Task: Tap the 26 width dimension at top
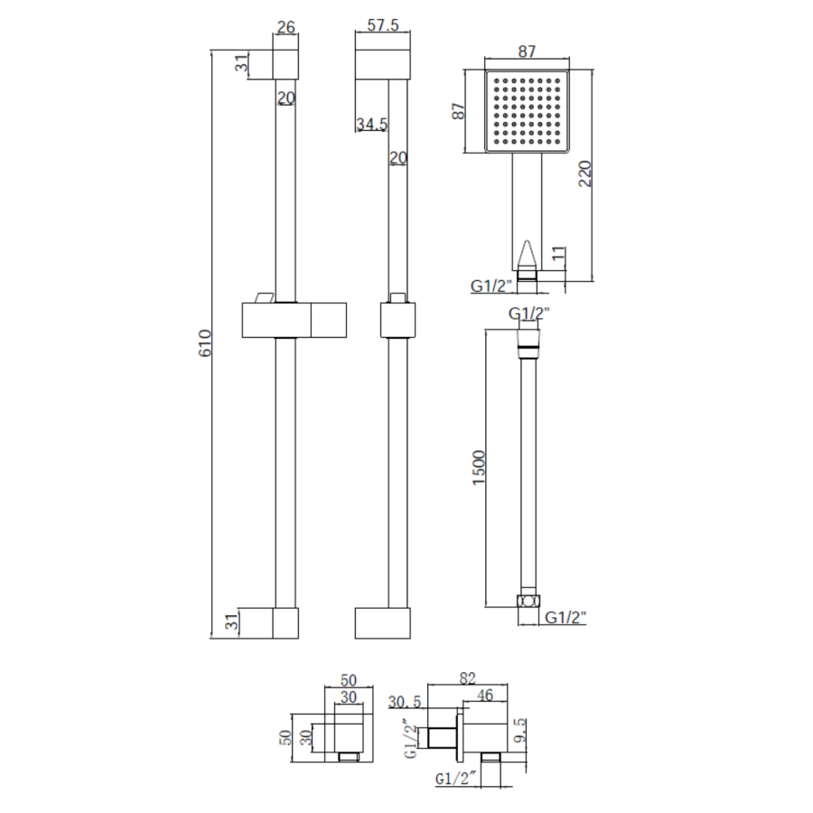pyautogui.click(x=285, y=28)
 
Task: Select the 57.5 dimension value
pyautogui.click(x=384, y=26)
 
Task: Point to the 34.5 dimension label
pyautogui.click(x=371, y=124)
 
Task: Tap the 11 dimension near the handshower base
pyautogui.click(x=557, y=256)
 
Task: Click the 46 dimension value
pyautogui.click(x=485, y=695)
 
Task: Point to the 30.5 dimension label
pyautogui.click(x=406, y=701)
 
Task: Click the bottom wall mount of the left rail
pyautogui.click(x=285, y=623)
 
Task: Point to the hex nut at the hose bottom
pyautogui.click(x=528, y=602)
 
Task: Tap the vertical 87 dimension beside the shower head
pyautogui.click(x=459, y=111)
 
